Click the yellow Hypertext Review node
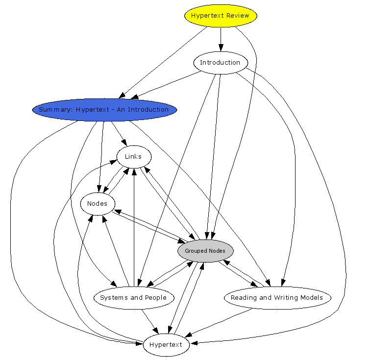coord(221,16)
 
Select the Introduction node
coord(221,63)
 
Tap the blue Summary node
coord(104,110)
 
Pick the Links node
coord(133,157)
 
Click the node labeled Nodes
coord(97,204)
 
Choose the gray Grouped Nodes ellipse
coord(205,251)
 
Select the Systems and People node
coord(133,298)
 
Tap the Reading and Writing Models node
coord(277,298)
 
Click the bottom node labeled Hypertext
coord(166,345)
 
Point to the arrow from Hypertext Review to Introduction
coord(221,39)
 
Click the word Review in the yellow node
coord(237,16)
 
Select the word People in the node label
coord(155,298)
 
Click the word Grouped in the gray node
coord(196,251)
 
